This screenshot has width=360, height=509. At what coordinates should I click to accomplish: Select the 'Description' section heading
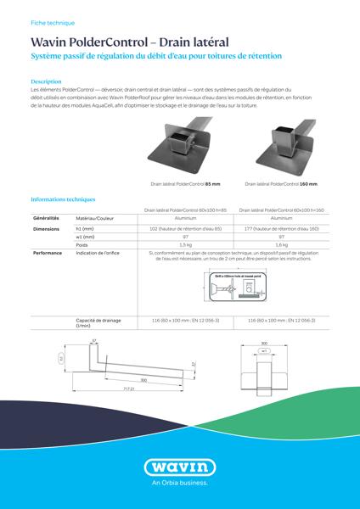click(x=45, y=81)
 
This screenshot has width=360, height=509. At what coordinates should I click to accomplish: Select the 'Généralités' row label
click(x=45, y=218)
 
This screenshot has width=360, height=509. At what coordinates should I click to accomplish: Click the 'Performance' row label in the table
click(x=48, y=253)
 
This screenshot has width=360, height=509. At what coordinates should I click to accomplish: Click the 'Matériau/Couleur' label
click(x=95, y=219)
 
